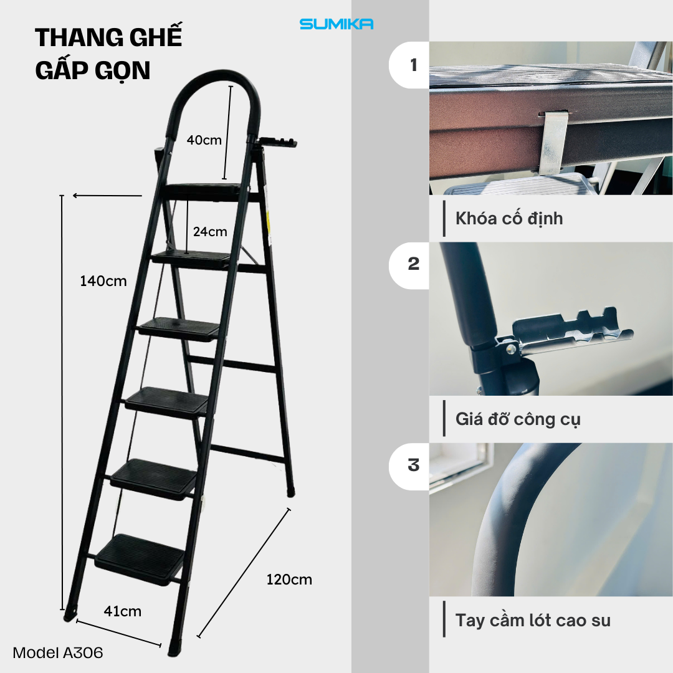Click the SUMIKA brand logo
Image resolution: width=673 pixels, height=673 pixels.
336,24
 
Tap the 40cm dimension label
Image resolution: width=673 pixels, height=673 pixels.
204,140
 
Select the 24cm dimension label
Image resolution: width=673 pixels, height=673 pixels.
210,232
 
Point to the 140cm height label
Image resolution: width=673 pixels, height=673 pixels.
103,281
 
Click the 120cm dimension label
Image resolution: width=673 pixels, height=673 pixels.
289,580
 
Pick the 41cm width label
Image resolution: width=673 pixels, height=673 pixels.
123,611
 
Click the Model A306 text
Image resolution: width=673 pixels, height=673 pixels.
58,653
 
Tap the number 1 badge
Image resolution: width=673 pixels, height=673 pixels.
414,65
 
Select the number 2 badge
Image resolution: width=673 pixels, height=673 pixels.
414,264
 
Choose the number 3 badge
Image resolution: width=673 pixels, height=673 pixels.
414,466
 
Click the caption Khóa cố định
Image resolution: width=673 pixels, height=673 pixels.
509,219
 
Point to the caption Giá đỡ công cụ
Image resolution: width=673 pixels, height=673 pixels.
518,419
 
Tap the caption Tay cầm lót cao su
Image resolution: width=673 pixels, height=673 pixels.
533,621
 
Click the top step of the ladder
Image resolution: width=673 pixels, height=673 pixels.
205,191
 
